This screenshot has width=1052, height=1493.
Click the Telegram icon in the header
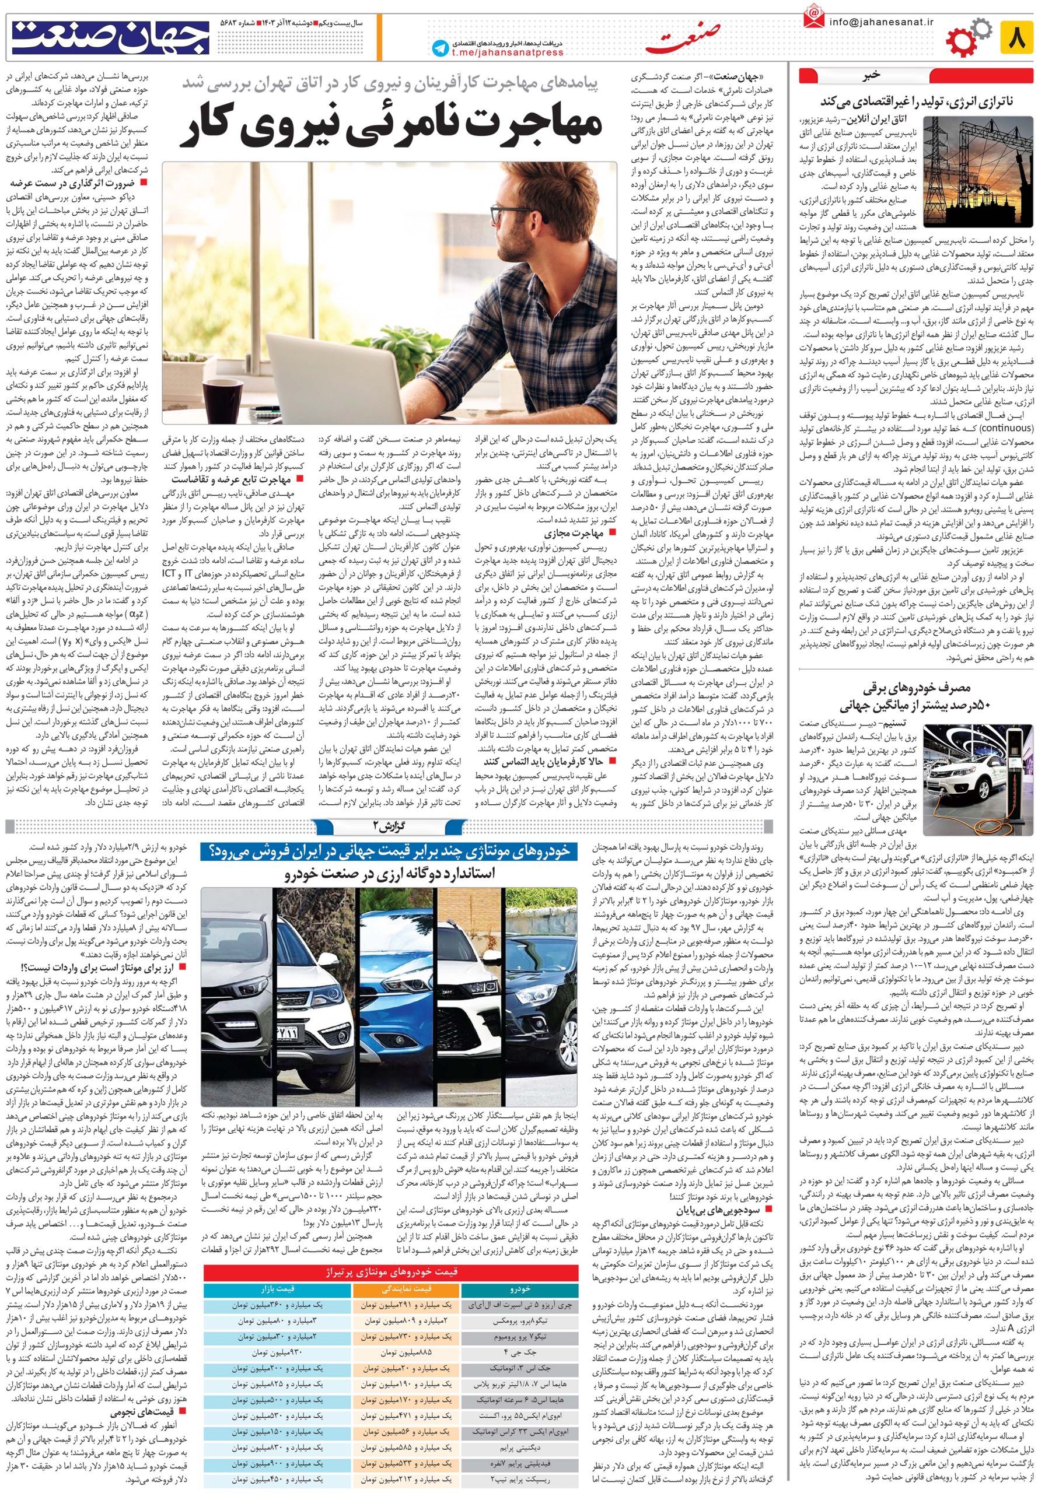440,49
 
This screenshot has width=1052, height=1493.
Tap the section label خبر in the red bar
870,75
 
